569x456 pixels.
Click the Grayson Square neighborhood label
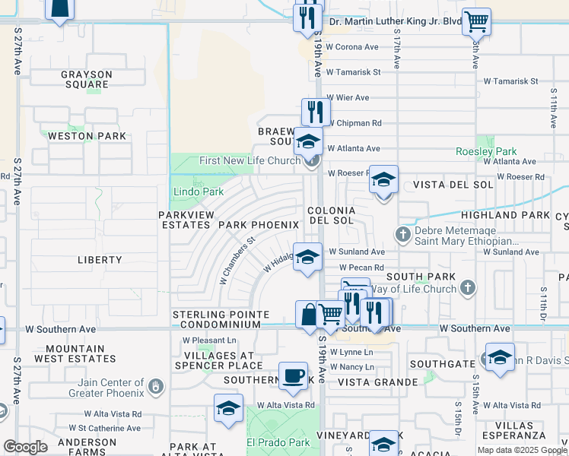(87, 80)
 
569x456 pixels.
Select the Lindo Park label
(198, 192)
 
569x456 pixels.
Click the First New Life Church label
(251, 160)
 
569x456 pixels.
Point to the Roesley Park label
(486, 151)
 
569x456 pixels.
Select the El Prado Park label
(278, 442)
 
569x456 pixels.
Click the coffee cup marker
(293, 375)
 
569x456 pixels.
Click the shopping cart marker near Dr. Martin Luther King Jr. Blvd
(476, 22)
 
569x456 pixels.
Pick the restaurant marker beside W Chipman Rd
(316, 112)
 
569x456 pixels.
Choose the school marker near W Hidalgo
(308, 257)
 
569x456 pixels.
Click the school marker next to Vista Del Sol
(383, 181)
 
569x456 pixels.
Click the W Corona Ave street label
(352, 47)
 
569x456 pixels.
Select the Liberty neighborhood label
(100, 260)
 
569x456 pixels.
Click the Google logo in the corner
(25, 447)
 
